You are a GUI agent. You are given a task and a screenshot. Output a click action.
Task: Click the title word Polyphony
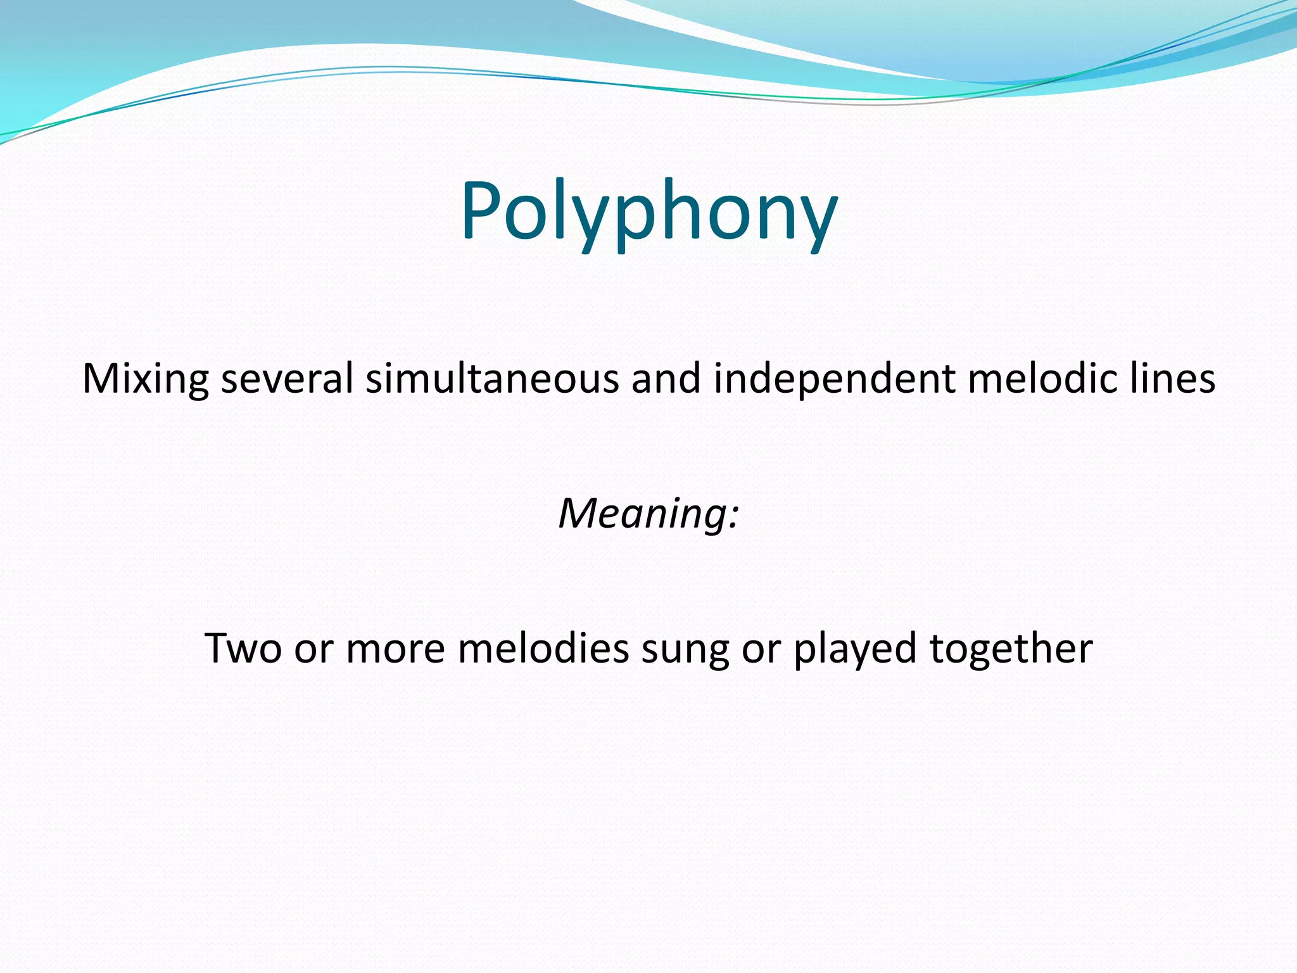click(x=648, y=212)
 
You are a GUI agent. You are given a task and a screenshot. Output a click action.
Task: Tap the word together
click(x=1011, y=650)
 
